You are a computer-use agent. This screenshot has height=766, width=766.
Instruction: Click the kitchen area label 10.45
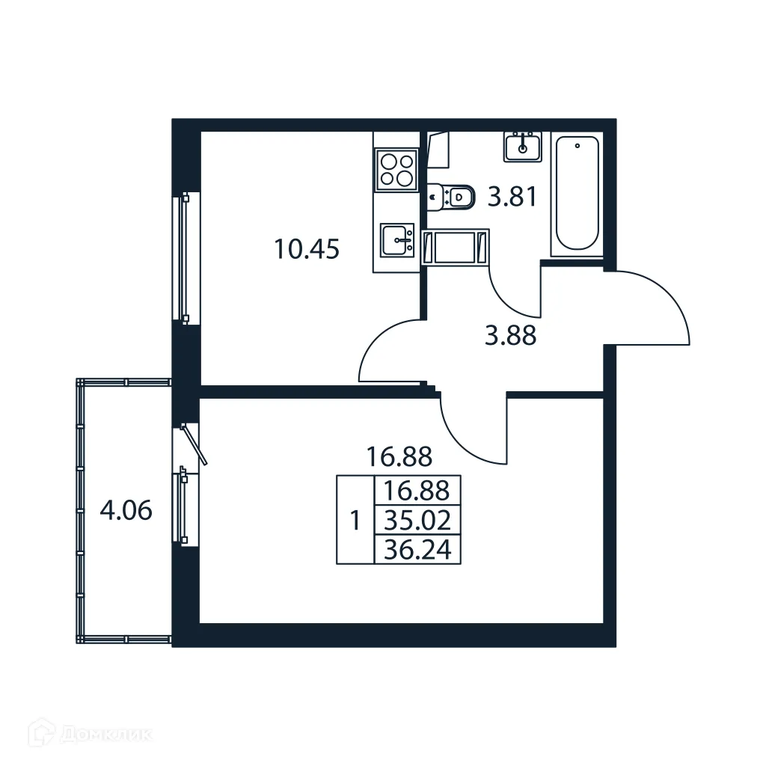coord(307,250)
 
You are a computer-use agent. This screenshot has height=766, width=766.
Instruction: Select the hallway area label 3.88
coord(510,337)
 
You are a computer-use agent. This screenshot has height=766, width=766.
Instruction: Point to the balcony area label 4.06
coord(126,512)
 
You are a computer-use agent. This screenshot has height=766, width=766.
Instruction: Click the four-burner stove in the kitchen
coord(396,170)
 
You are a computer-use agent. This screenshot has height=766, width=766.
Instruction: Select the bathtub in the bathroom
coord(577,194)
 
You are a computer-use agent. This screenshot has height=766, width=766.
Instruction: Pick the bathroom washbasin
coord(523,146)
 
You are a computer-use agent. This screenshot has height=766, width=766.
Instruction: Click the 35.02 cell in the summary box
coord(417,519)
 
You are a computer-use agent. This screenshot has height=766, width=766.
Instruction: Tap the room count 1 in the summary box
coord(355,519)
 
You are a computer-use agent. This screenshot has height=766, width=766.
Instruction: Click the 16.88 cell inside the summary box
coord(417,491)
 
